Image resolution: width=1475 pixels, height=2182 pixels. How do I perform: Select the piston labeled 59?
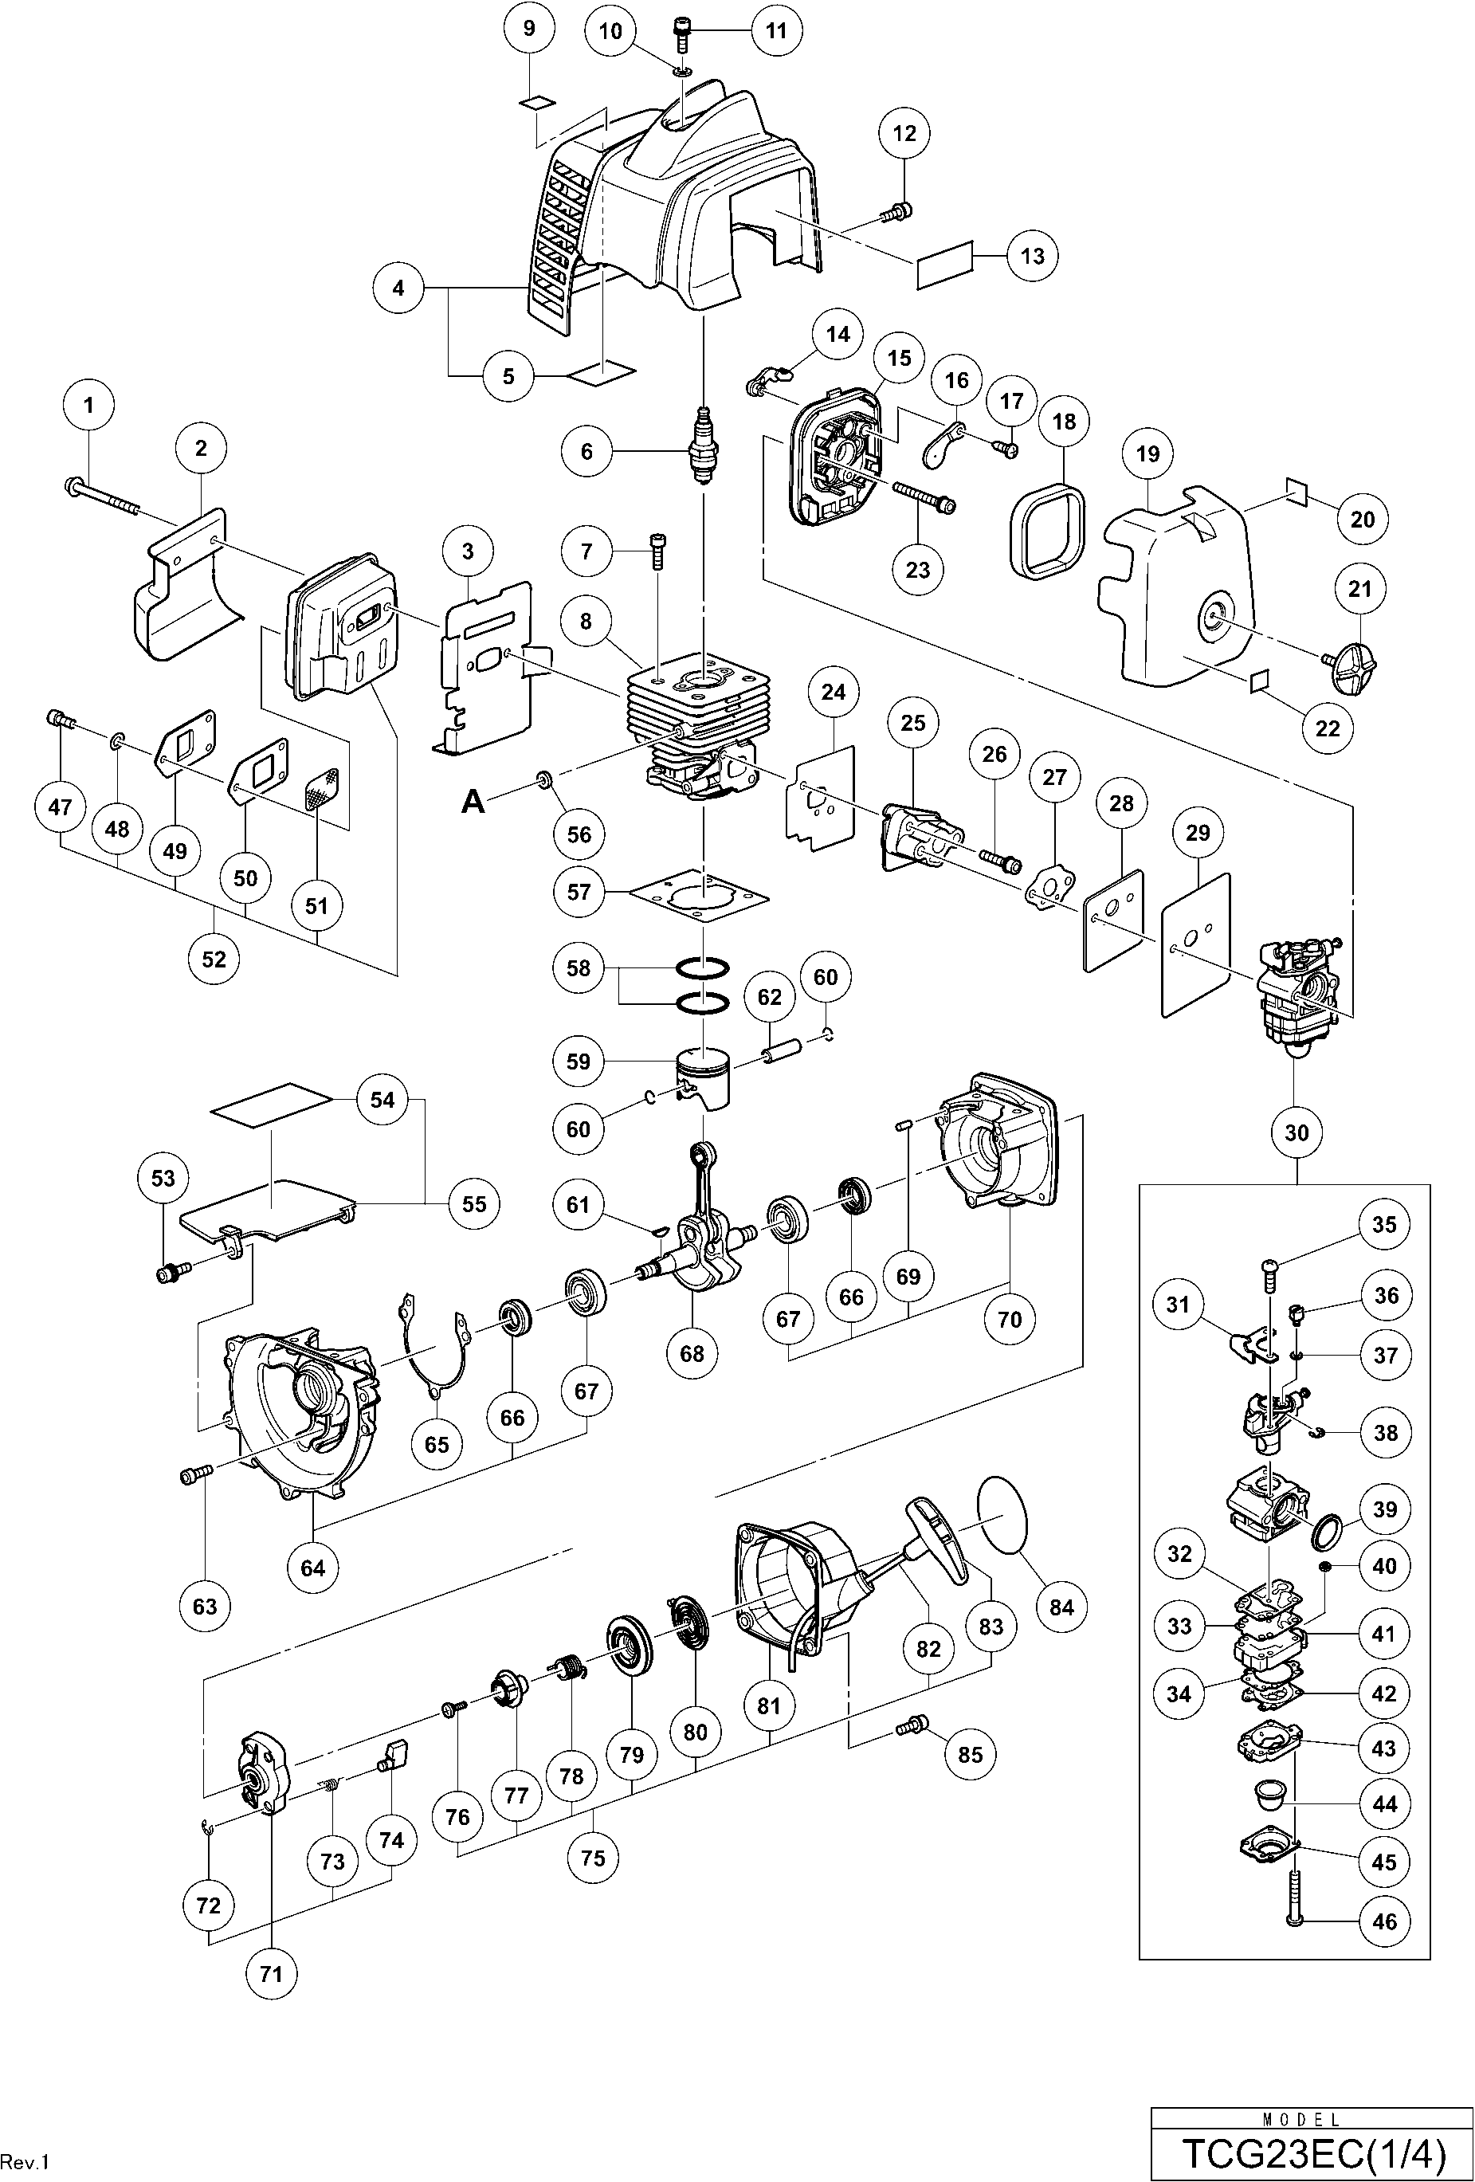point(704,1081)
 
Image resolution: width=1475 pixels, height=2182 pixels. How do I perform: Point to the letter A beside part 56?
point(474,801)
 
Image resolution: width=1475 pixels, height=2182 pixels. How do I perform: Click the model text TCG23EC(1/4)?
point(1312,2151)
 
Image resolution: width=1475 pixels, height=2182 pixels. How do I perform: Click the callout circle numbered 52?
point(214,959)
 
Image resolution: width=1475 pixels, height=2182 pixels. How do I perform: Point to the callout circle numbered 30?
point(1297,1132)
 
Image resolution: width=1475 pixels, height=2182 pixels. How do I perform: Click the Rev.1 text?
point(25,2161)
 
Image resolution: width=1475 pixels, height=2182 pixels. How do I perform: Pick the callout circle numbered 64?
point(312,1567)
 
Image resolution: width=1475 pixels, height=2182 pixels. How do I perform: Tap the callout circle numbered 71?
point(270,1973)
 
